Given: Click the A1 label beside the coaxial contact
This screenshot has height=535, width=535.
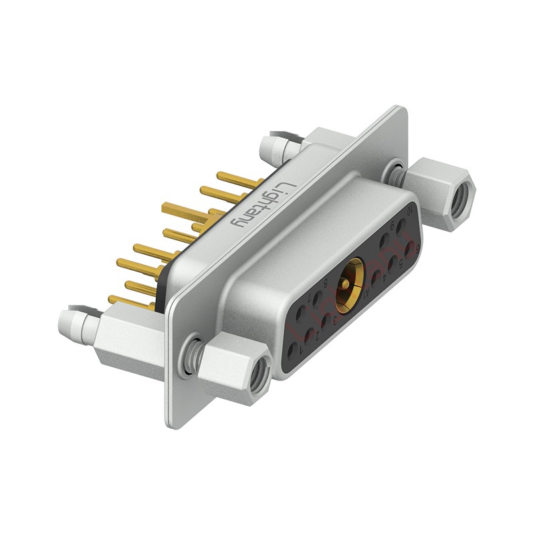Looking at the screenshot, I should [366, 292].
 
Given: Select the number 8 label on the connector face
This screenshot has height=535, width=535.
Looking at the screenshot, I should [326, 284].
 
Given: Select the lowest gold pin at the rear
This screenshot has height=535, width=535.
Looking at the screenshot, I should [127, 301].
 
